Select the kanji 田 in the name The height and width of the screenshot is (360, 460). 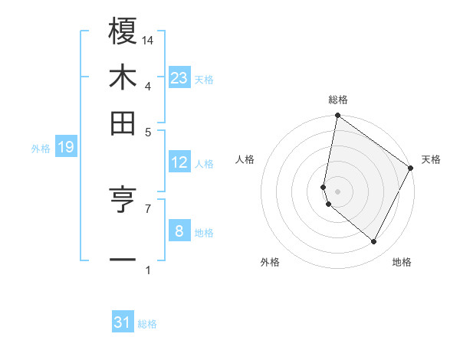coord(123,123)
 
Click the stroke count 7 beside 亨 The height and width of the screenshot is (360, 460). coord(148,208)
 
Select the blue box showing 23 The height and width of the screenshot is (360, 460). coord(179,78)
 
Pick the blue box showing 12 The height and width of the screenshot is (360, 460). coord(179,162)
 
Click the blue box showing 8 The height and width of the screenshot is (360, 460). coord(179,231)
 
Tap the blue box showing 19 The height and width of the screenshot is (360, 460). coord(65,148)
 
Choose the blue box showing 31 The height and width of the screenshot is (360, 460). coord(123,322)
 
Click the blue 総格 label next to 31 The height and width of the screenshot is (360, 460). coord(147,324)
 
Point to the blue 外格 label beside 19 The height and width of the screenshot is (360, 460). coord(41,149)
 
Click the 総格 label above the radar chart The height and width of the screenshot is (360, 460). coord(338,100)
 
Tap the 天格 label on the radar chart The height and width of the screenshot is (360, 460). coord(431,159)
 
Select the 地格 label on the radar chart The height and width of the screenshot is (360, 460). coord(402,262)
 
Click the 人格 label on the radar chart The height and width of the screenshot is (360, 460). coord(245,159)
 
